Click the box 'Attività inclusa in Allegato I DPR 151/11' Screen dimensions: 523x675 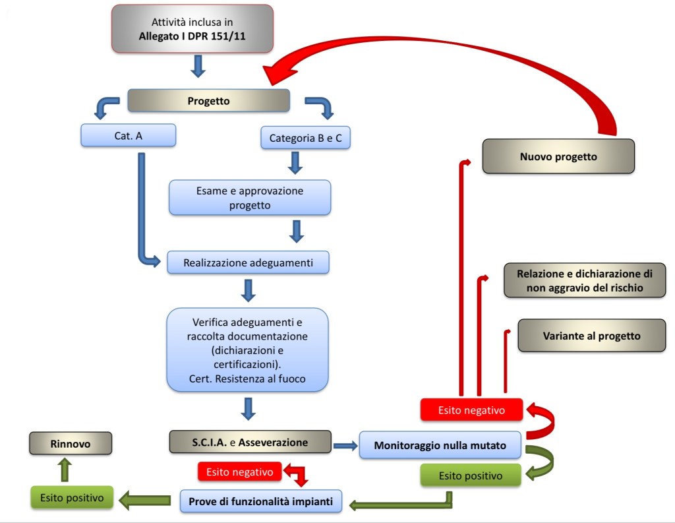(192, 28)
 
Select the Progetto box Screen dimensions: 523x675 (208, 101)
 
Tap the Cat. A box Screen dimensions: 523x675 (128, 135)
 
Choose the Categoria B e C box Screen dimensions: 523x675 (305, 138)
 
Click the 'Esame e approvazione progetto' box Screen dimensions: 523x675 (249, 197)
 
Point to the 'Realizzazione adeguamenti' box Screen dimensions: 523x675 (248, 262)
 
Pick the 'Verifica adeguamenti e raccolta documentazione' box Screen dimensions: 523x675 (248, 350)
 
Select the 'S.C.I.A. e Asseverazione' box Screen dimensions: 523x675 (250, 442)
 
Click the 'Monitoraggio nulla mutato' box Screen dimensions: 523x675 (440, 445)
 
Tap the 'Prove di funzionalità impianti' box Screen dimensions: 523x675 (262, 501)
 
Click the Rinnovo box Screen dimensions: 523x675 (71, 443)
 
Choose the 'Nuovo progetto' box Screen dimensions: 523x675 (558, 156)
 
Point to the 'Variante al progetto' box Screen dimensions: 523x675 (591, 335)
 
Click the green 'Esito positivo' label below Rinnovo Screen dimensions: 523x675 (72, 498)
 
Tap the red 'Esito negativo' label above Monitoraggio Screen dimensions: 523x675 (471, 410)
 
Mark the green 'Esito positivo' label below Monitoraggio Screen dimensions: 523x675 (471, 475)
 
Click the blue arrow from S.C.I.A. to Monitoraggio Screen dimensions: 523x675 (345, 446)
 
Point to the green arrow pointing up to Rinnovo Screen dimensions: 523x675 (65, 470)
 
